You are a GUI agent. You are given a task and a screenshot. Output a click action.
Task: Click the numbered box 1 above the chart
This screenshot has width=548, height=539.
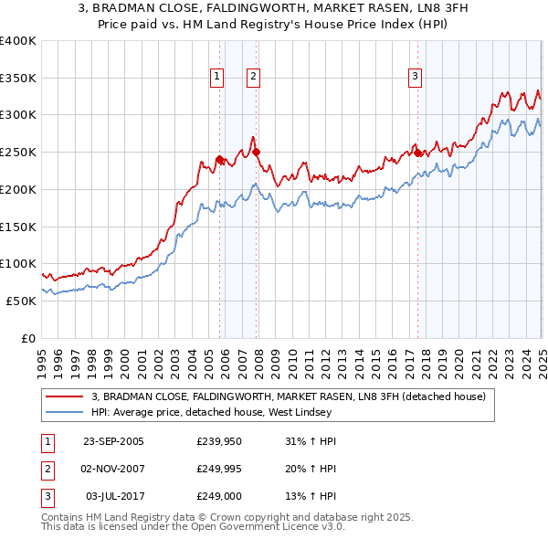[x=217, y=77]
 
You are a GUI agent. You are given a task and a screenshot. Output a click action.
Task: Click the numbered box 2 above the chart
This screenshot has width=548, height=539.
[x=252, y=77]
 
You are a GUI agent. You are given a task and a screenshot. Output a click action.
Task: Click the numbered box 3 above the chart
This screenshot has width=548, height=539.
[x=415, y=77]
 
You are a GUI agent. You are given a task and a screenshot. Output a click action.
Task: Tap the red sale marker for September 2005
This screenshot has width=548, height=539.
[x=219, y=159]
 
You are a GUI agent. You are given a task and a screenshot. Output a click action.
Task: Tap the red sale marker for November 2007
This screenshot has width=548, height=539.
[x=256, y=152]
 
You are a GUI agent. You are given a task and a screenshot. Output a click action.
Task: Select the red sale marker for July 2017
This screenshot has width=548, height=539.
[x=417, y=153]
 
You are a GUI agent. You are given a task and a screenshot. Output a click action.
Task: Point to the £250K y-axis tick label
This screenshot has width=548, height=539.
[x=18, y=152]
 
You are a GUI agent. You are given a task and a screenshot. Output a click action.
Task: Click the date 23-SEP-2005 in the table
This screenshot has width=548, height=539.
[x=113, y=441]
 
